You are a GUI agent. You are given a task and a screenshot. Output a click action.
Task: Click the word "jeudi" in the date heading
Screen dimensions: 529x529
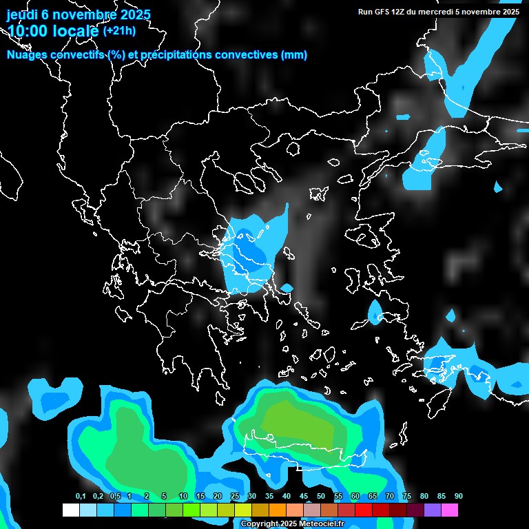click(24, 14)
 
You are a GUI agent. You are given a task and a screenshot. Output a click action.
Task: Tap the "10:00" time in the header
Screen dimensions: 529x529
click(27, 30)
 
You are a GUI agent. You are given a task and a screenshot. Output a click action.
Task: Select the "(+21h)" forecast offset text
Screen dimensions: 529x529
click(119, 30)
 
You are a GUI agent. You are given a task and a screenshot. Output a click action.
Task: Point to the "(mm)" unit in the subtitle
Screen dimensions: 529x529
click(294, 55)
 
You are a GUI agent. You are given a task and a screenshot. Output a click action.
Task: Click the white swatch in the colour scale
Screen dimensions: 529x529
click(70, 510)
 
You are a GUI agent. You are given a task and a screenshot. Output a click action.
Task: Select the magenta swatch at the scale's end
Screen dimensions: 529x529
click(450, 510)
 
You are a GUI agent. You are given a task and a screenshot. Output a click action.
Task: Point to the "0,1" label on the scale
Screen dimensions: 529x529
click(81, 497)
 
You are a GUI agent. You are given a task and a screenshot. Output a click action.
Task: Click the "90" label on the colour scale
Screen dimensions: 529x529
click(458, 497)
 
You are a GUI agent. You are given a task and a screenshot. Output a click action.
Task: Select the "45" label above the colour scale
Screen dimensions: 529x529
click(303, 497)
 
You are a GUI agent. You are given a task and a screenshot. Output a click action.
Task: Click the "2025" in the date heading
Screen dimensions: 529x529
click(130, 14)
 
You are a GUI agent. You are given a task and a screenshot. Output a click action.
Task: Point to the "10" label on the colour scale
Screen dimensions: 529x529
click(183, 497)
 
